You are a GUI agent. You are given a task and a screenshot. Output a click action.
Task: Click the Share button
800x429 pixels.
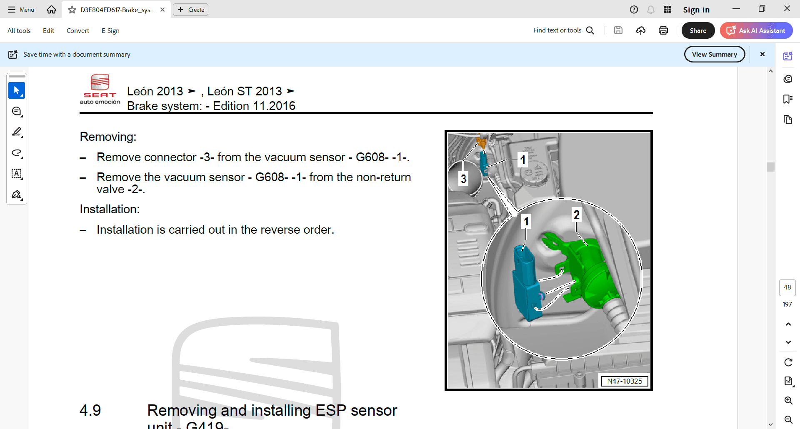point(698,30)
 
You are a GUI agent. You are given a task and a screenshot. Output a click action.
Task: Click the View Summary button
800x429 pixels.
point(715,54)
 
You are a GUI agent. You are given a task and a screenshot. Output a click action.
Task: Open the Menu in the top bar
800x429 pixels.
point(21,10)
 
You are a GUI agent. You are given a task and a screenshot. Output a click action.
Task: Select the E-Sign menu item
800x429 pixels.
point(110,30)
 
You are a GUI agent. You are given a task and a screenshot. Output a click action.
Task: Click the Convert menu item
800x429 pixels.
point(78,30)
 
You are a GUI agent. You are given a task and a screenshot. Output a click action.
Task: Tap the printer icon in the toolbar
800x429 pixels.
point(663,30)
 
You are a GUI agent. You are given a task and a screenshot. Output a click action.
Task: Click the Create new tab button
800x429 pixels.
point(191,10)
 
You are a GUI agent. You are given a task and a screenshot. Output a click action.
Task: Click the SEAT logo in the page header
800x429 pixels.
point(100,89)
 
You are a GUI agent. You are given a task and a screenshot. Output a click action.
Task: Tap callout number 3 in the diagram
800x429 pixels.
point(463,179)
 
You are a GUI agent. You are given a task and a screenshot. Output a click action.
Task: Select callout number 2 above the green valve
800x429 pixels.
point(577,214)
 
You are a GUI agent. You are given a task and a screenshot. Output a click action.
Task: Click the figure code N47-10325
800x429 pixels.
point(625,381)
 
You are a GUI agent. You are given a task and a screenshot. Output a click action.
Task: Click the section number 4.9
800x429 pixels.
point(90,410)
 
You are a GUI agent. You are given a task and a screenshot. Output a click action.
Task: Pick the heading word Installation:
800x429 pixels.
point(110,209)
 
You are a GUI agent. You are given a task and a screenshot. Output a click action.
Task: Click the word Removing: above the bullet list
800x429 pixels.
point(108,137)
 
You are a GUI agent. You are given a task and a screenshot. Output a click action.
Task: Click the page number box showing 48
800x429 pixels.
point(787,287)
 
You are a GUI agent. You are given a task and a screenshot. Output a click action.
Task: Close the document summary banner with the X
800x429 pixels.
point(762,54)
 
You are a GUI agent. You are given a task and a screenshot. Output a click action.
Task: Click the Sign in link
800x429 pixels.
point(696,10)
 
